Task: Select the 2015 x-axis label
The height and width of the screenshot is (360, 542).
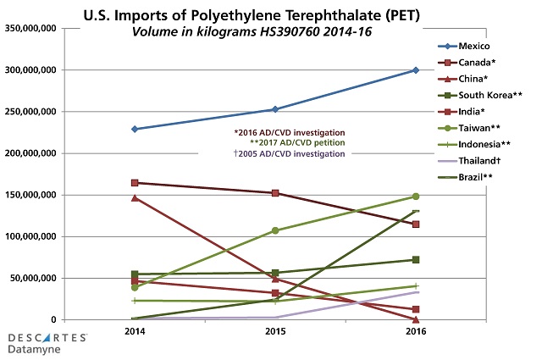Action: pos(274,332)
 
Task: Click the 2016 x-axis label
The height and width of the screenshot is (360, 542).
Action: pos(415,332)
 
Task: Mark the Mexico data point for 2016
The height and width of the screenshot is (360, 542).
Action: pos(415,70)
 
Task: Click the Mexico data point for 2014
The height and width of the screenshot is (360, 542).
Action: pos(134,129)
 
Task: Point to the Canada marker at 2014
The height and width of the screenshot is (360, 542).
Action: pos(134,182)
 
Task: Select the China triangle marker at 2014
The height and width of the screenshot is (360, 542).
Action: pos(134,197)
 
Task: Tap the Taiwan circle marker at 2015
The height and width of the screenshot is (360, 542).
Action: pos(274,230)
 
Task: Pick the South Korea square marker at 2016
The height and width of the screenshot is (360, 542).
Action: pos(415,260)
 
